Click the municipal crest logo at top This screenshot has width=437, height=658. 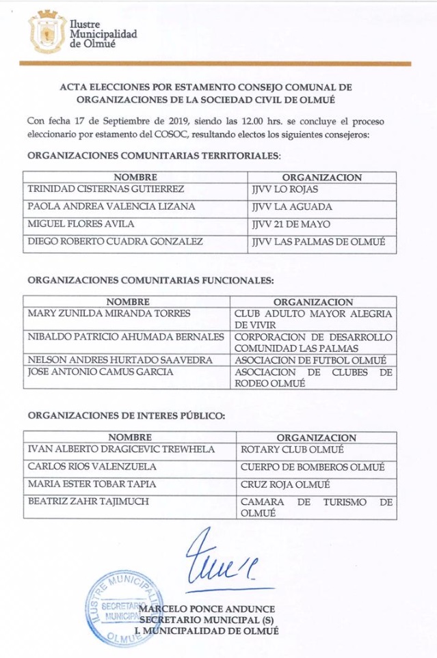click(47, 31)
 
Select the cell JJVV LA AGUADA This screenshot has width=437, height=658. click(282, 206)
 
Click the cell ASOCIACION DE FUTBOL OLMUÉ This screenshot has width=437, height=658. click(310, 360)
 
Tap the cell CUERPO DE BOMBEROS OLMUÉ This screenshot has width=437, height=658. click(312, 467)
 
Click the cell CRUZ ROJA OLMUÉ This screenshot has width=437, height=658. click(285, 485)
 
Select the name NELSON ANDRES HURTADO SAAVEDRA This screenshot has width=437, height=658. click(120, 360)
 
